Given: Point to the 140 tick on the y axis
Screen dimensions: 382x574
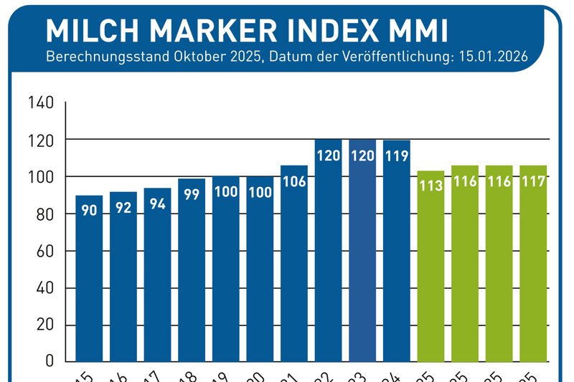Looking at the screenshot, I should [x=41, y=102].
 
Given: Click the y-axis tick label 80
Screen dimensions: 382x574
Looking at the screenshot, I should [x=45, y=214].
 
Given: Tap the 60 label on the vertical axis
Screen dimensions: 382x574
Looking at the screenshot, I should [x=45, y=252].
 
